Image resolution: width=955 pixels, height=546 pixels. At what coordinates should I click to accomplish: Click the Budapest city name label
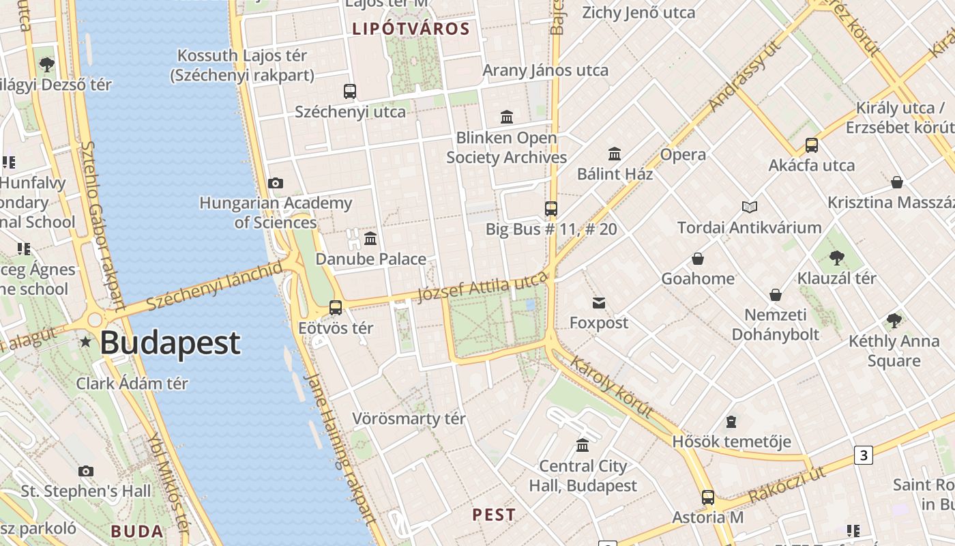point(170,343)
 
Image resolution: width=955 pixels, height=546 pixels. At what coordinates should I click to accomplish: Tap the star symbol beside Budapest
point(85,341)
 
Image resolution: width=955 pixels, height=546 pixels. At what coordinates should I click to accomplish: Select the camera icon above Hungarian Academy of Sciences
point(276,183)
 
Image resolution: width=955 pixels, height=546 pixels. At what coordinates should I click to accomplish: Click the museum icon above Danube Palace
point(370,238)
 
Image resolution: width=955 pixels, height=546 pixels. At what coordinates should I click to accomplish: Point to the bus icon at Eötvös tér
point(336,307)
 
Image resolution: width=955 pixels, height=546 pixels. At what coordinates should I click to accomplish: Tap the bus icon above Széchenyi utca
point(350,91)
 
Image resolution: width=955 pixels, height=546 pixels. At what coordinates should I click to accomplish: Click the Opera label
point(683,155)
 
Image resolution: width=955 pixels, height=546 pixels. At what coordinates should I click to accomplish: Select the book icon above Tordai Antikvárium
point(750,207)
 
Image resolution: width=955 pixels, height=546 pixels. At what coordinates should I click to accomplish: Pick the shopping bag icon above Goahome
point(698,259)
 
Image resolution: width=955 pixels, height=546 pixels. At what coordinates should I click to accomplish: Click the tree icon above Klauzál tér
point(836,258)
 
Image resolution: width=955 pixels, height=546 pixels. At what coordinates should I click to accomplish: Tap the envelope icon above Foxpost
point(599,303)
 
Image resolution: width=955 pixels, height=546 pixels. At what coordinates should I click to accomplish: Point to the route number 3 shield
point(864,455)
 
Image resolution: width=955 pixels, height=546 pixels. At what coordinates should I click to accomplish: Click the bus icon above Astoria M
point(708,498)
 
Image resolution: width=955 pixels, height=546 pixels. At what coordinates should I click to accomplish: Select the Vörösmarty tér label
point(409,418)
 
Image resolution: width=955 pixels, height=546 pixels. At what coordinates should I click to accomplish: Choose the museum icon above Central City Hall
point(583,446)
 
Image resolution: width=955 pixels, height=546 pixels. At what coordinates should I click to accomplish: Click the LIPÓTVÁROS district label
point(411,29)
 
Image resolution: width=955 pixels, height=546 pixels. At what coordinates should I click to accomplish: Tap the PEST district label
point(494,515)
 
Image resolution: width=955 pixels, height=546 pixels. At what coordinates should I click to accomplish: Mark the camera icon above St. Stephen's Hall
point(86,471)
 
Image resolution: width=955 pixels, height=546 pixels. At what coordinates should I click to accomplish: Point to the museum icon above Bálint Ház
point(615,154)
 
